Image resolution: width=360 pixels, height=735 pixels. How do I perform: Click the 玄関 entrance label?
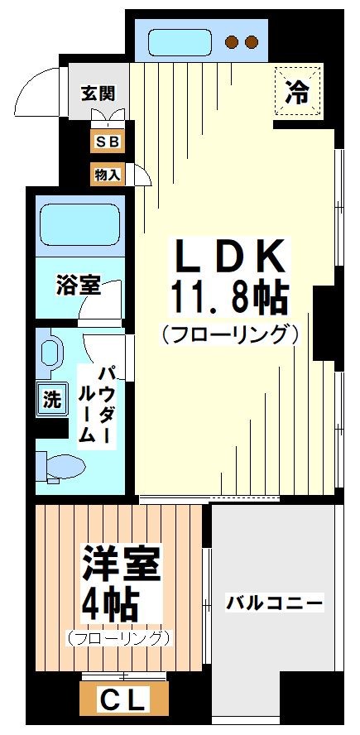coord(98,93)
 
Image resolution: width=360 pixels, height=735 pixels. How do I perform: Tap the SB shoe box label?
coord(108,142)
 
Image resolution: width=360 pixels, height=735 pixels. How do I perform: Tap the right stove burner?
coord(252,41)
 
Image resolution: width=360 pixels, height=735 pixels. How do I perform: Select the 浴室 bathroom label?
coord(79,286)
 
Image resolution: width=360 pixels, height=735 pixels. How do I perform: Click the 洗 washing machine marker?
coord(51,399)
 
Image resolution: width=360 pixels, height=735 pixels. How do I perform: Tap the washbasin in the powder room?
coord(54,351)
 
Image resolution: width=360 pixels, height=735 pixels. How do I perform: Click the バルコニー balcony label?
coord(275,603)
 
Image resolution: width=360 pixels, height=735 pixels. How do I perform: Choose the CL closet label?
coord(123,700)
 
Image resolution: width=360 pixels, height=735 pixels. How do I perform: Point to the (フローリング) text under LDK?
coord(229,334)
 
